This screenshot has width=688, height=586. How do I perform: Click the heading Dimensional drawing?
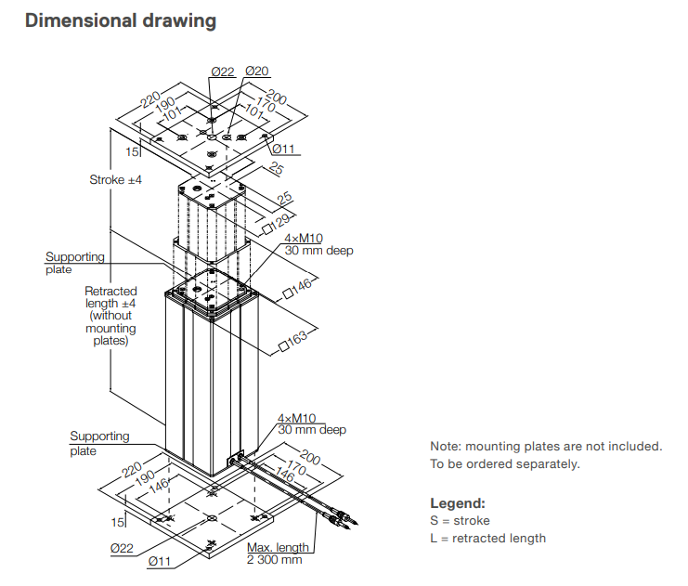pos(121,20)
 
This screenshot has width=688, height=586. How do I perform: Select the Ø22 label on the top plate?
pos(222,72)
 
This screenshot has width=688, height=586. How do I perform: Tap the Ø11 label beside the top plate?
pos(283,149)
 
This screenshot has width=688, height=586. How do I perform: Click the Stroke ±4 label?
pos(115,179)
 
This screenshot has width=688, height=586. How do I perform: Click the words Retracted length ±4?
pos(110,296)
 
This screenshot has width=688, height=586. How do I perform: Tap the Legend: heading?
pos(457,503)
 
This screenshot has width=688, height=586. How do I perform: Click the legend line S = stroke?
pos(460,521)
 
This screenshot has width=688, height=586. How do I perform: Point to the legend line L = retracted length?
pos(487,538)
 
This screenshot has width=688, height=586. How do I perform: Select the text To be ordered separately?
pos(504,463)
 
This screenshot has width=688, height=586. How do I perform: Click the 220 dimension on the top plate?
pos(150,99)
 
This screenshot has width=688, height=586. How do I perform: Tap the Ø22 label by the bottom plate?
pos(123,548)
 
